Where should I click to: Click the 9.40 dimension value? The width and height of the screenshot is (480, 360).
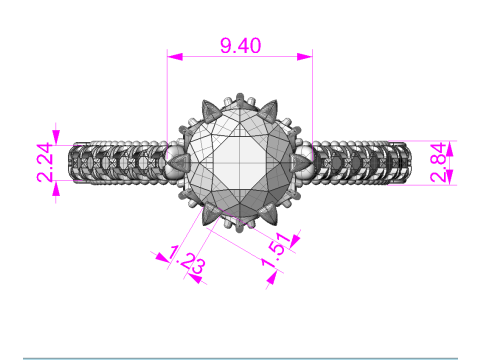click(x=241, y=46)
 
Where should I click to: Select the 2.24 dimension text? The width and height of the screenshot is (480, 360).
click(x=45, y=163)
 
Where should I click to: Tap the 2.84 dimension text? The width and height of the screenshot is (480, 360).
click(x=438, y=163)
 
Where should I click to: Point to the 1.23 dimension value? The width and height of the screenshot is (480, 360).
click(x=187, y=260)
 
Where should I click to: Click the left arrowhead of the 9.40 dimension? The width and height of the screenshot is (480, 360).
click(x=175, y=57)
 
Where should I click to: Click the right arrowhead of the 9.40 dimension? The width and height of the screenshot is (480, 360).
click(x=305, y=57)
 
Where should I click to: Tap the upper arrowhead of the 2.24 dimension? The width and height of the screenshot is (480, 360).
click(x=56, y=137)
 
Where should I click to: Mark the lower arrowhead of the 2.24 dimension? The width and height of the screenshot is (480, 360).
click(x=56, y=189)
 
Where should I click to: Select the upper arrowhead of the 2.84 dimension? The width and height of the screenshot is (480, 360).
click(x=450, y=149)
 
